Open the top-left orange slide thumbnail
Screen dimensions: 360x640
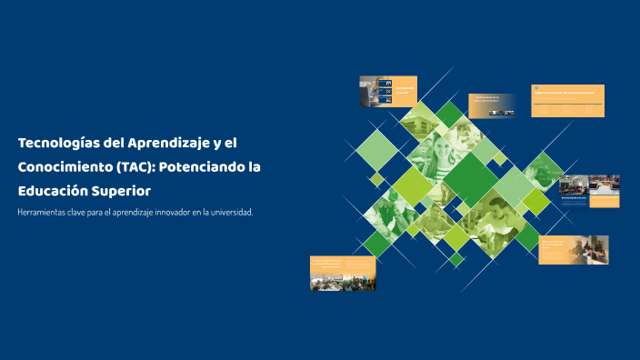[388, 91]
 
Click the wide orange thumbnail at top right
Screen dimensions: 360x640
[567, 101]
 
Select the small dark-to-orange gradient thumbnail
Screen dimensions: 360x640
[492, 105]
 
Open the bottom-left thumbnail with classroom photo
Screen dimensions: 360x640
[343, 273]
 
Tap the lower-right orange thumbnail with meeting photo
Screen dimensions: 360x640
[573, 250]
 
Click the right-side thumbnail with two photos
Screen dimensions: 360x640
[589, 190]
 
